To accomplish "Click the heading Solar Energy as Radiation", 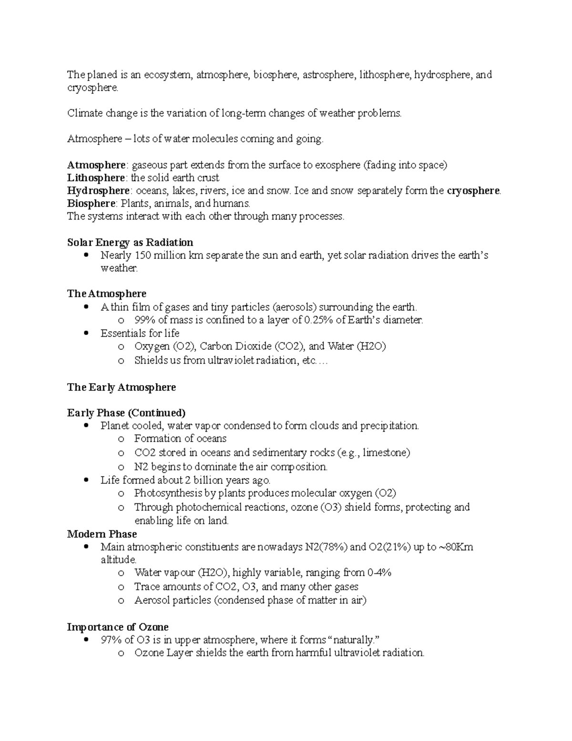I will pos(130,242).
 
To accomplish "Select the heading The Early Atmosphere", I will pos(122,387).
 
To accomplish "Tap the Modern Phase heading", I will pos(102,534).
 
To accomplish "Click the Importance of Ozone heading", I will pos(118,627).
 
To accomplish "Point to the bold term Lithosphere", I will pos(96,178).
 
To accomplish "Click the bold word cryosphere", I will pos(473,191).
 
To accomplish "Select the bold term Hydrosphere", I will pos(98,191).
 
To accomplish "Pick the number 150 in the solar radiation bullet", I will pos(143,255).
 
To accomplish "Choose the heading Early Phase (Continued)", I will pos(126,413).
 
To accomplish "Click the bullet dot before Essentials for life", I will pos(86,333).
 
